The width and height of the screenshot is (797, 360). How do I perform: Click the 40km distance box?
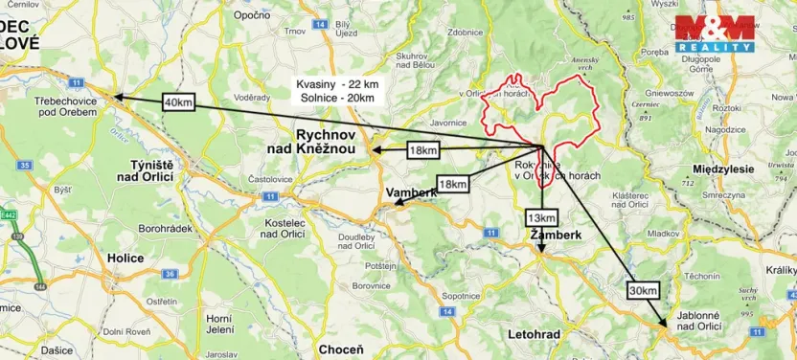(179, 102)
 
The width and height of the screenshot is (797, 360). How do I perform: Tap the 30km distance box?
(644, 290)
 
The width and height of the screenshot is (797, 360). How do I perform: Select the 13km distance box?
(540, 218)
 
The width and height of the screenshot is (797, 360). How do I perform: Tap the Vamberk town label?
(411, 192)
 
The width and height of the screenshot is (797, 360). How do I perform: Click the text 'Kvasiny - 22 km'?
(336, 85)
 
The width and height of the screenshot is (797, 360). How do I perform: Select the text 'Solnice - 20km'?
(334, 99)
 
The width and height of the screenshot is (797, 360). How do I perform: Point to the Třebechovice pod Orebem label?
(65, 105)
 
